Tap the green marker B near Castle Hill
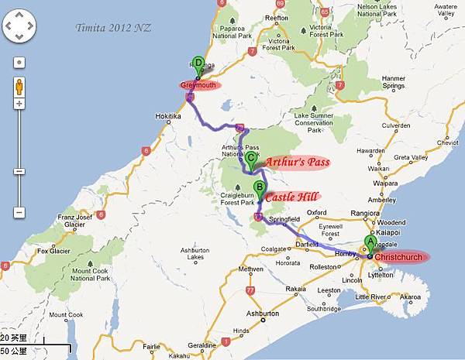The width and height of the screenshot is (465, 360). [x=260, y=187]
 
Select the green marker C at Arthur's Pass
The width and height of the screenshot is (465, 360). [x=251, y=157]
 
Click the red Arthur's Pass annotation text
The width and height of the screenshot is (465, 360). [x=297, y=163]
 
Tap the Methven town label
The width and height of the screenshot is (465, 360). [x=251, y=269]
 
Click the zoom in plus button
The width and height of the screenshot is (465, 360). [x=19, y=103]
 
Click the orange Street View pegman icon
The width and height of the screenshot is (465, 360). [x=19, y=84]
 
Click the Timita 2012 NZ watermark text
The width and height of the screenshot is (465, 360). [x=113, y=28]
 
